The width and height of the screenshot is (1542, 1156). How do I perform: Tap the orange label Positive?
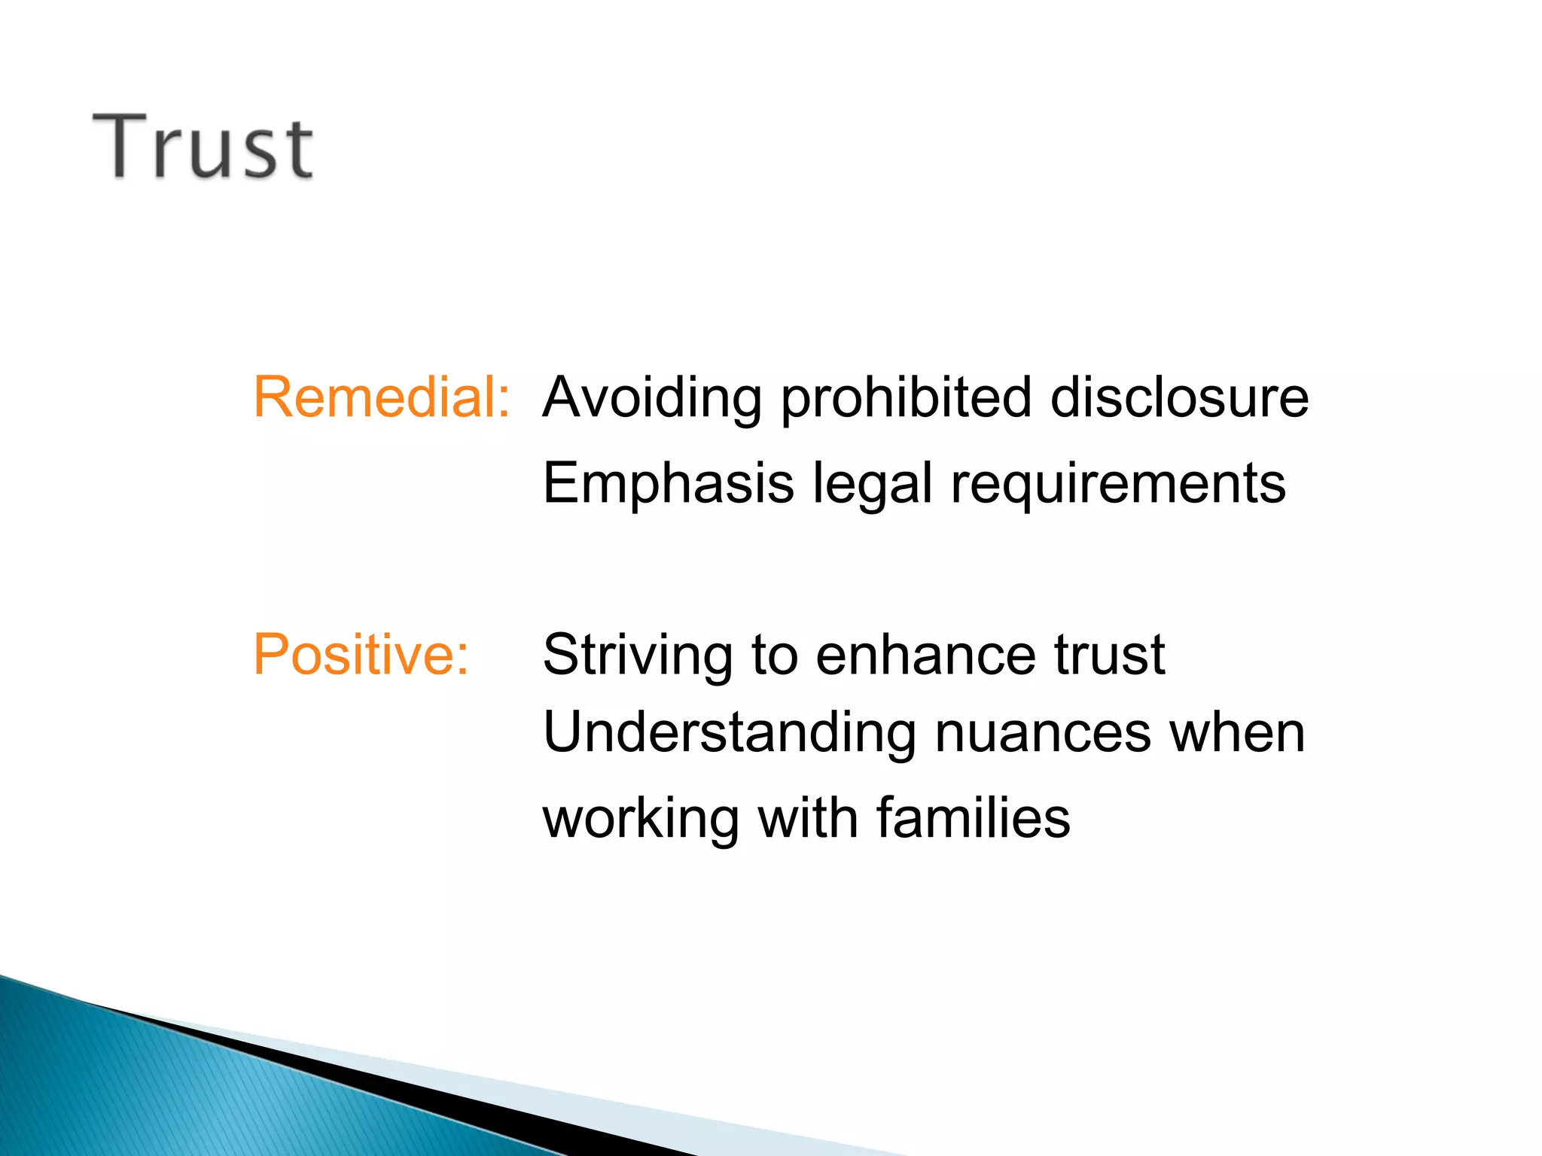[x=361, y=654]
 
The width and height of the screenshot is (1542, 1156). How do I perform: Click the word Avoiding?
[x=652, y=398]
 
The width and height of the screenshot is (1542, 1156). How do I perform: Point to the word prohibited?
[x=905, y=398]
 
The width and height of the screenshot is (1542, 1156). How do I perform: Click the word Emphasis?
[x=668, y=483]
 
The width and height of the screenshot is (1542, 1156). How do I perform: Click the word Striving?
[x=637, y=656]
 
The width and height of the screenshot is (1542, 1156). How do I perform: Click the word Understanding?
[x=730, y=734]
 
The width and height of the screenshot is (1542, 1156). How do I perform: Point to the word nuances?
[x=1043, y=734]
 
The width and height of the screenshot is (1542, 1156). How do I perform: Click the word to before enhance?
[x=775, y=654]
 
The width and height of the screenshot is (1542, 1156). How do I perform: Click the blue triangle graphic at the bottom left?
[x=151, y=1084]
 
